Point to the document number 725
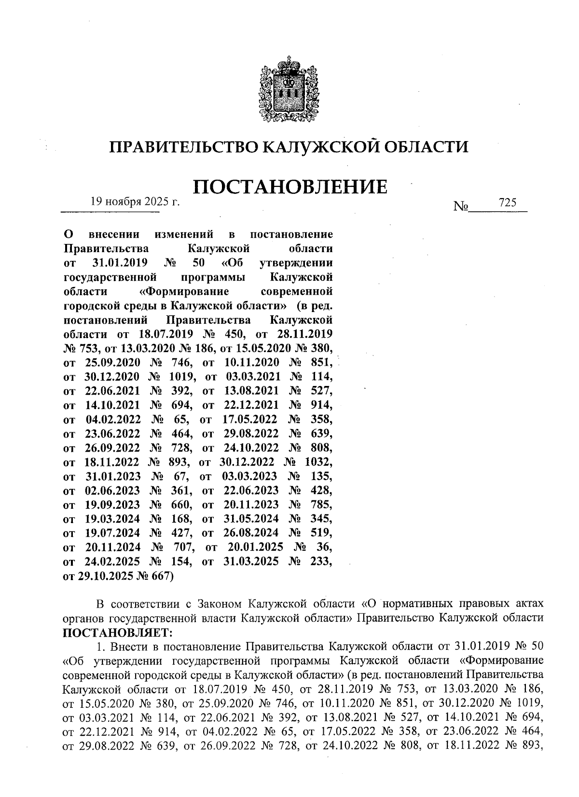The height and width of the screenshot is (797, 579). click(508, 203)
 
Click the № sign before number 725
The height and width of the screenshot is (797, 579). click(461, 207)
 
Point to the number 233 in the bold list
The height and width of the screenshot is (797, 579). click(320, 562)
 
